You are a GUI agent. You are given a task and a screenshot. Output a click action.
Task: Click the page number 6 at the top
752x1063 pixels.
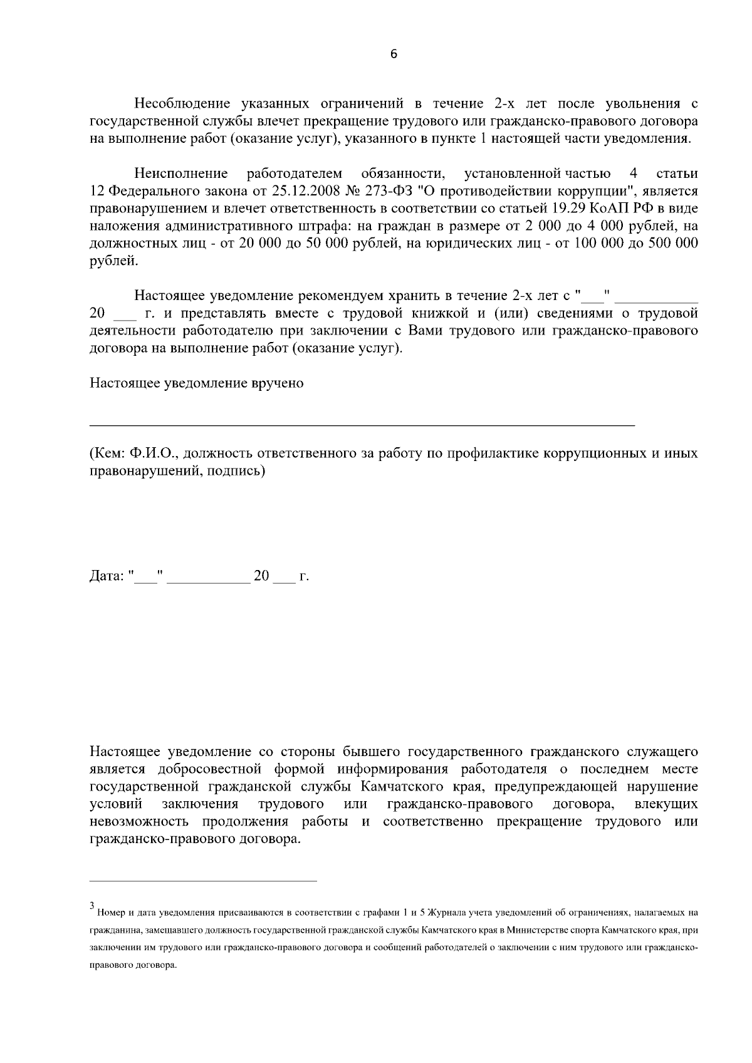(x=394, y=54)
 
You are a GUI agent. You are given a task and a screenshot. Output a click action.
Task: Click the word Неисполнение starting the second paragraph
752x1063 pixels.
(x=180, y=173)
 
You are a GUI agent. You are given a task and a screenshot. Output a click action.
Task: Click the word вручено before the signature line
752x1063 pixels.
(x=281, y=383)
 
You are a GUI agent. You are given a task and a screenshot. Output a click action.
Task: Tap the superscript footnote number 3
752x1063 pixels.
(x=92, y=905)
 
